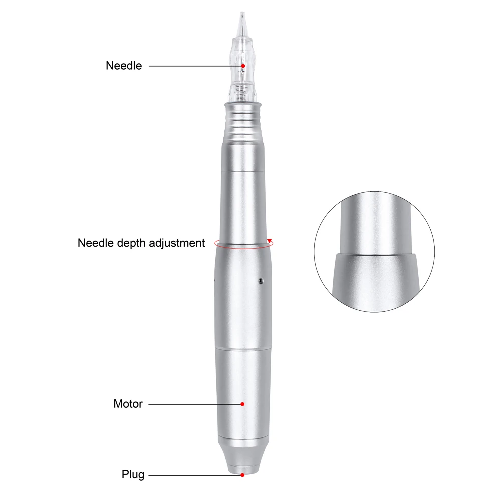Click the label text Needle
pos(124,66)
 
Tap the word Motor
pos(128,404)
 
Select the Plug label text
pos(133,475)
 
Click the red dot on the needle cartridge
pos(243,66)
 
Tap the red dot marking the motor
pos(242,404)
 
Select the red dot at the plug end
pos(242,475)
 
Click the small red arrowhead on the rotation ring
pos(270,240)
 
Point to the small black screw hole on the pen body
pos(261,281)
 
